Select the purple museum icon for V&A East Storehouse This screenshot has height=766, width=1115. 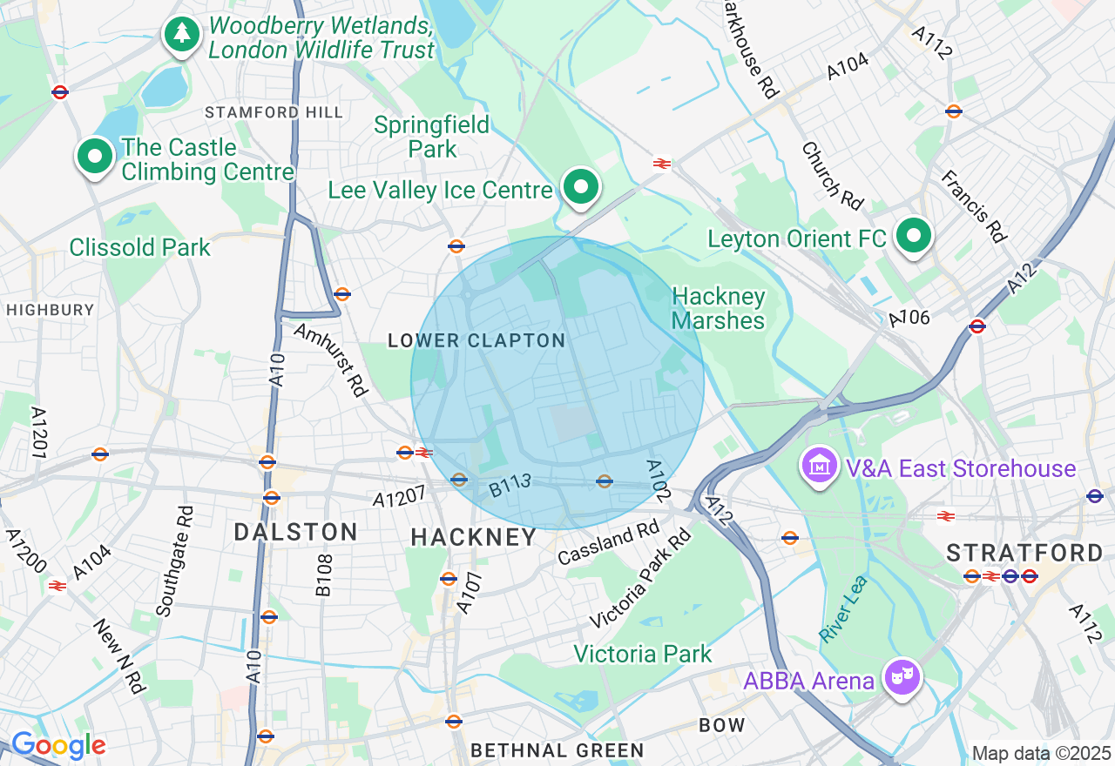819,466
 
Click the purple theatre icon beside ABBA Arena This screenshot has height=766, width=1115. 902,676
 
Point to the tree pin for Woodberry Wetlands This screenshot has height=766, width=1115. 182,34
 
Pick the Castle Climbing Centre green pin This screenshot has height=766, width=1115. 95,158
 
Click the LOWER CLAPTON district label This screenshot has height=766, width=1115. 476,340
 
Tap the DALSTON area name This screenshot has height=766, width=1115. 295,532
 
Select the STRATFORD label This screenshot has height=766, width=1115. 1024,553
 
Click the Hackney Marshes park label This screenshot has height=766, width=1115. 718,309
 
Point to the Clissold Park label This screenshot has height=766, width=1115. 140,247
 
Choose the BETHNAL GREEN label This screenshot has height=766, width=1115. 557,750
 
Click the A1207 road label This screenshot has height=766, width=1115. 399,497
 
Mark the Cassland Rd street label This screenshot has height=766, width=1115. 609,542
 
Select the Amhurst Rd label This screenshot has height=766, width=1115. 331,359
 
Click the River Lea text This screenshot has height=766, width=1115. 843,608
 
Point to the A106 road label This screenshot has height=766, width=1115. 909,319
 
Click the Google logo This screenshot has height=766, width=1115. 58,745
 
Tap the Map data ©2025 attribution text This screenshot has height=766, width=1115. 1041,753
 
